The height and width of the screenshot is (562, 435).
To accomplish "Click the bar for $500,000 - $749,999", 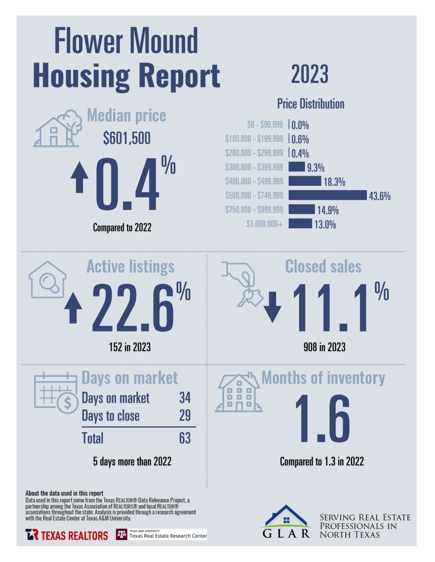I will [327, 195].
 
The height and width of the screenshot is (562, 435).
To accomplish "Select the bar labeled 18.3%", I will [305, 181].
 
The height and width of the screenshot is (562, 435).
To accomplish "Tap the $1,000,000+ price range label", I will [264, 224].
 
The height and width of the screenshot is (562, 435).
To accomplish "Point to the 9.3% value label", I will [316, 168].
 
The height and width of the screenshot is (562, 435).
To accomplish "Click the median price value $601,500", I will [127, 138].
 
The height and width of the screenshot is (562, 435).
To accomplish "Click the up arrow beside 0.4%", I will [79, 178].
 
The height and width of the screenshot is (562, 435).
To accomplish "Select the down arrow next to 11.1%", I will [272, 307].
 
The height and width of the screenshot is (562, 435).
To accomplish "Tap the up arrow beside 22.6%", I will [73, 308].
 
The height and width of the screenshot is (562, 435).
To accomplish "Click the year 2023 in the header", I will [310, 75].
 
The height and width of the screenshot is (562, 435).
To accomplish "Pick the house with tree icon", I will [58, 129].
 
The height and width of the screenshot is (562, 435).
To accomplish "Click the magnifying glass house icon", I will [48, 280].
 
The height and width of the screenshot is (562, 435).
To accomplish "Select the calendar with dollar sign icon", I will [56, 393].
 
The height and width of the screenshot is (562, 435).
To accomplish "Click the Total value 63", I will [185, 438].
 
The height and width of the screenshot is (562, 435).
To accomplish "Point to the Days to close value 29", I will [185, 416].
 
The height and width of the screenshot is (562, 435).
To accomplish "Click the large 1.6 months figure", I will [322, 419].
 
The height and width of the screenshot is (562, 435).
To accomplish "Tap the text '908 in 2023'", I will [325, 347].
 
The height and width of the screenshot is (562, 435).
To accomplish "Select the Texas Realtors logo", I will [67, 535].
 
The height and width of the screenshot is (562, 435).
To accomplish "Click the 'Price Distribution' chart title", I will [311, 104].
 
